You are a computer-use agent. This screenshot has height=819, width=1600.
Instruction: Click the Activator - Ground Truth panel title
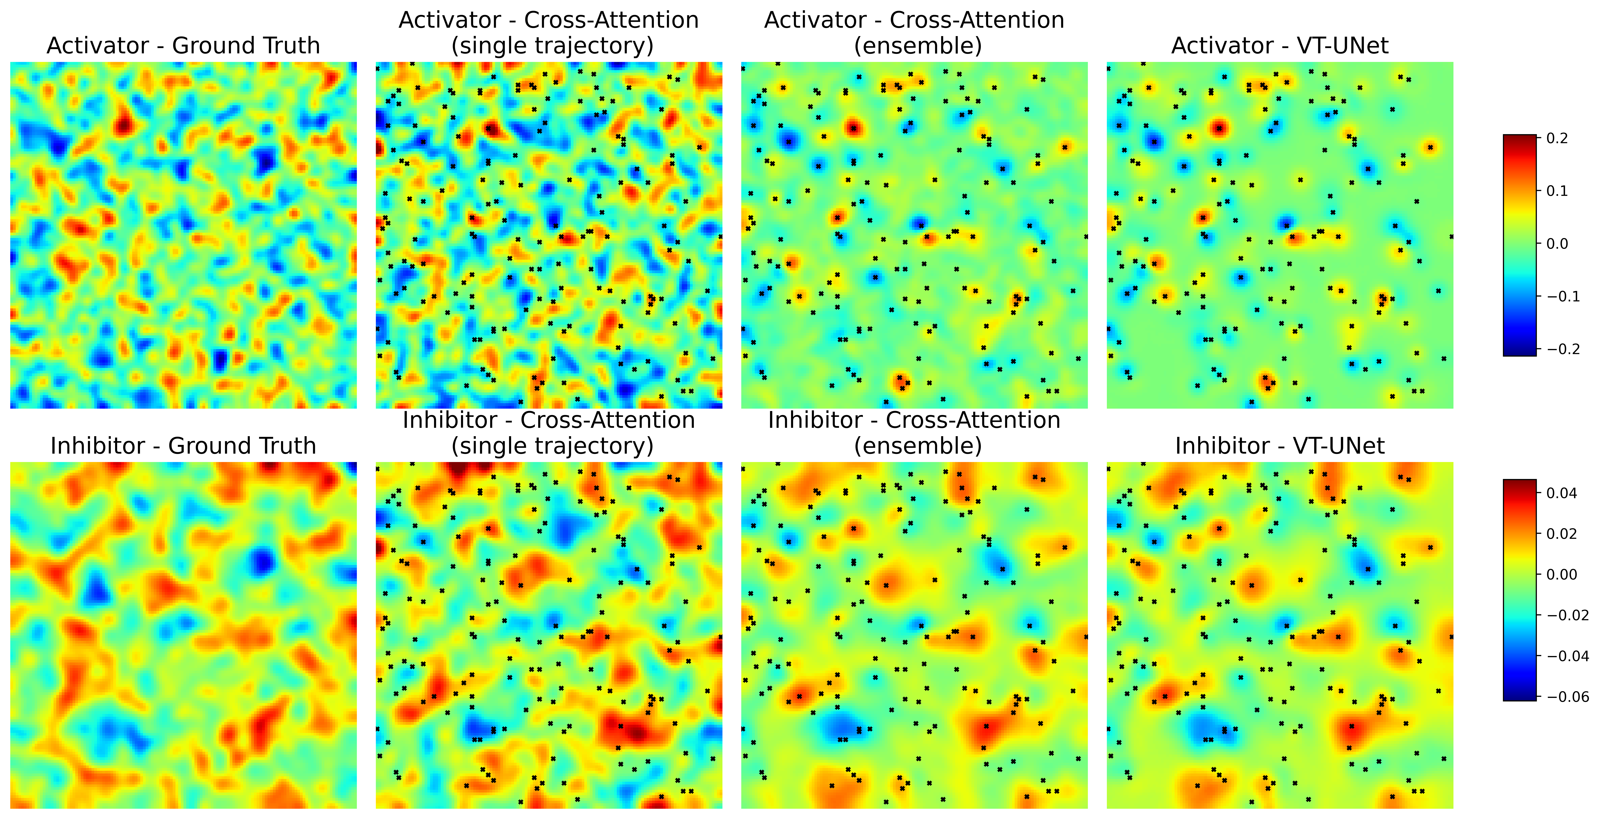click(x=183, y=46)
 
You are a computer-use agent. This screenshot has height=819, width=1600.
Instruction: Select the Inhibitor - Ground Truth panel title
click(x=183, y=446)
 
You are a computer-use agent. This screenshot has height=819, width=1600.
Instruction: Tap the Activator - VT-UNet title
click(x=1280, y=46)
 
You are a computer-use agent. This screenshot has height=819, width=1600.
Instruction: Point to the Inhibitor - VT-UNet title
click(x=1280, y=446)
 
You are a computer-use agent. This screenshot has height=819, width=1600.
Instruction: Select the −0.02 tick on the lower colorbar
click(x=1567, y=615)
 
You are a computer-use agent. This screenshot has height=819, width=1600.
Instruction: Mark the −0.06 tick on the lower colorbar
click(x=1567, y=697)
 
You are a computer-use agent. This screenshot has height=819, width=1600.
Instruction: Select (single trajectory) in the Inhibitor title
click(x=552, y=446)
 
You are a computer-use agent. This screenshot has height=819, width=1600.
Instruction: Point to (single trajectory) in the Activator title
click(x=552, y=46)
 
